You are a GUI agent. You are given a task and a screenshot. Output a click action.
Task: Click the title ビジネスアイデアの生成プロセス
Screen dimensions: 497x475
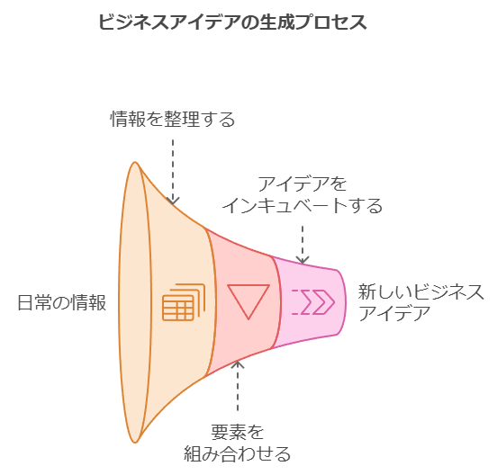[x=232, y=22]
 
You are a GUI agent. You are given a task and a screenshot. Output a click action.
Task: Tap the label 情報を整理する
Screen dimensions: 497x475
[x=173, y=120]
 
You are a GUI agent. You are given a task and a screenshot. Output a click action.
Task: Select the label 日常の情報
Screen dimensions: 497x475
[x=62, y=302]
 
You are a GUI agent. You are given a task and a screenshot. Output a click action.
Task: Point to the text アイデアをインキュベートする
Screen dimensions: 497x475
[x=303, y=194]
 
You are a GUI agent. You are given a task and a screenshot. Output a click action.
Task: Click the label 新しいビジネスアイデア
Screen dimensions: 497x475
[x=421, y=302]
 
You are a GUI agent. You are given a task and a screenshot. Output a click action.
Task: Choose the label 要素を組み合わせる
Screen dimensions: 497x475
[x=238, y=443]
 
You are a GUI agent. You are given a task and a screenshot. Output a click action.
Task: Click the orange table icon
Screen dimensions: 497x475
[x=184, y=302]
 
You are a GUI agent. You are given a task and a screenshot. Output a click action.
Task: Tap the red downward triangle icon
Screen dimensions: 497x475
[x=248, y=301]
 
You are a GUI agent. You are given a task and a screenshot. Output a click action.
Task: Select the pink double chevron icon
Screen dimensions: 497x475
[x=313, y=301]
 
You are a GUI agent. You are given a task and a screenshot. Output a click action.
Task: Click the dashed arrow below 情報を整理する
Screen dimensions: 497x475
[x=173, y=172]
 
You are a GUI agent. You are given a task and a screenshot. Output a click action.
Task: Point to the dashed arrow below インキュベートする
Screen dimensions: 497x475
[x=303, y=245]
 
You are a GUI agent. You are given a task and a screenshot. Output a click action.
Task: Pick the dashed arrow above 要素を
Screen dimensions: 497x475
[x=238, y=386]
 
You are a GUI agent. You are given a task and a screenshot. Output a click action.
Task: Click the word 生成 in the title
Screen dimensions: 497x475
[x=278, y=22]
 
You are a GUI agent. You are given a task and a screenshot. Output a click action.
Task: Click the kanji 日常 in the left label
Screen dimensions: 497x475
[x=34, y=302]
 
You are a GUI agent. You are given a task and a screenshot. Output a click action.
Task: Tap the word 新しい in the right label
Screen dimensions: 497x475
[x=385, y=292]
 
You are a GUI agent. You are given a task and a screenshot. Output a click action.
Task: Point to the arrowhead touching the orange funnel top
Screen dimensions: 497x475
[x=173, y=201]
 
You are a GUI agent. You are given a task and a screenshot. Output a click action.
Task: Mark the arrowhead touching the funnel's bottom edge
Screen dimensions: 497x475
[x=238, y=365]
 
